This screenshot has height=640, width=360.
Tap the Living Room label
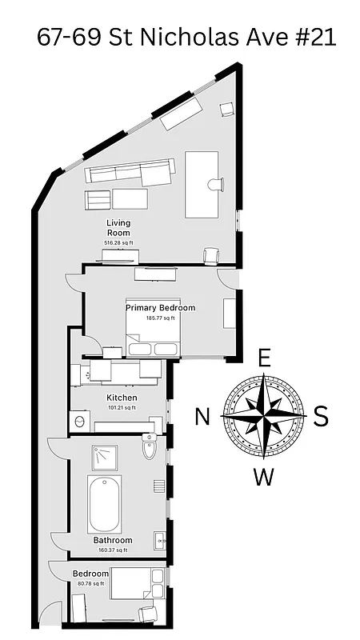click(x=118, y=227)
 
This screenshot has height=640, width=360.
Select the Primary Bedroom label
click(x=160, y=307)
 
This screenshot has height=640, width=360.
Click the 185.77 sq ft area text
click(x=160, y=318)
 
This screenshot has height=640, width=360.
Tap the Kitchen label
click(x=122, y=398)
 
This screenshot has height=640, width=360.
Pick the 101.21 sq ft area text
click(x=122, y=407)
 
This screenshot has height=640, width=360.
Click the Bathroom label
click(x=112, y=541)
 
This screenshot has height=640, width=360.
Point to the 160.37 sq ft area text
click(x=112, y=550)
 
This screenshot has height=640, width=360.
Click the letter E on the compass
click(x=265, y=357)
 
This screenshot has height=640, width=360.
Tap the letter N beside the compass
click(x=203, y=416)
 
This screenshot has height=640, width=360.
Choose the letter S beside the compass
click(x=321, y=416)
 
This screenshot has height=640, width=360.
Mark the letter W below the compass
click(x=264, y=478)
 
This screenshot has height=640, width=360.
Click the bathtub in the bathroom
click(x=105, y=504)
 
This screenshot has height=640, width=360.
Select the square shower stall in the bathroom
click(x=105, y=458)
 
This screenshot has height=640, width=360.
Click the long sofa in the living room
click(x=130, y=171)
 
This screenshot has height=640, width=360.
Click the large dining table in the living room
click(x=201, y=184)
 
